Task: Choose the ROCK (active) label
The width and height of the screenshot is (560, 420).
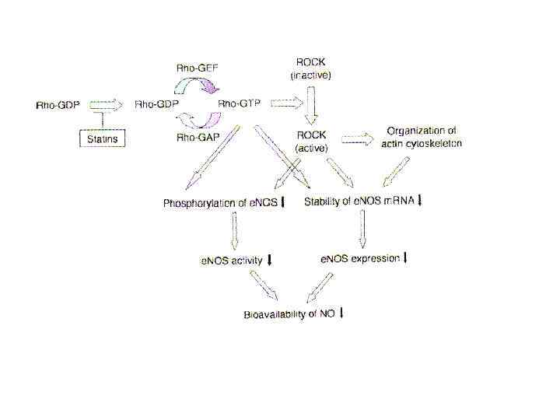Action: coord(311,141)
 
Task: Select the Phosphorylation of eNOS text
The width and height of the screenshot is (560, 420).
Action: coord(220,204)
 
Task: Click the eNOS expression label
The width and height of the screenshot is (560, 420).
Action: coord(360,258)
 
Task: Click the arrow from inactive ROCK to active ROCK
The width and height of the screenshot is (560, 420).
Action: coord(311,104)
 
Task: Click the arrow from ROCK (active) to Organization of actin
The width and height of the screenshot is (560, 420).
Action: coord(357,140)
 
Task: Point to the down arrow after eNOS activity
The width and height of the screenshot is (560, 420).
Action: coord(269,261)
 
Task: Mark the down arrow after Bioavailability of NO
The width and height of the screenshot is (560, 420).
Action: coord(341,313)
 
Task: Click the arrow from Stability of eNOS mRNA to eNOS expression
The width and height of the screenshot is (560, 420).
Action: coord(360,229)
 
